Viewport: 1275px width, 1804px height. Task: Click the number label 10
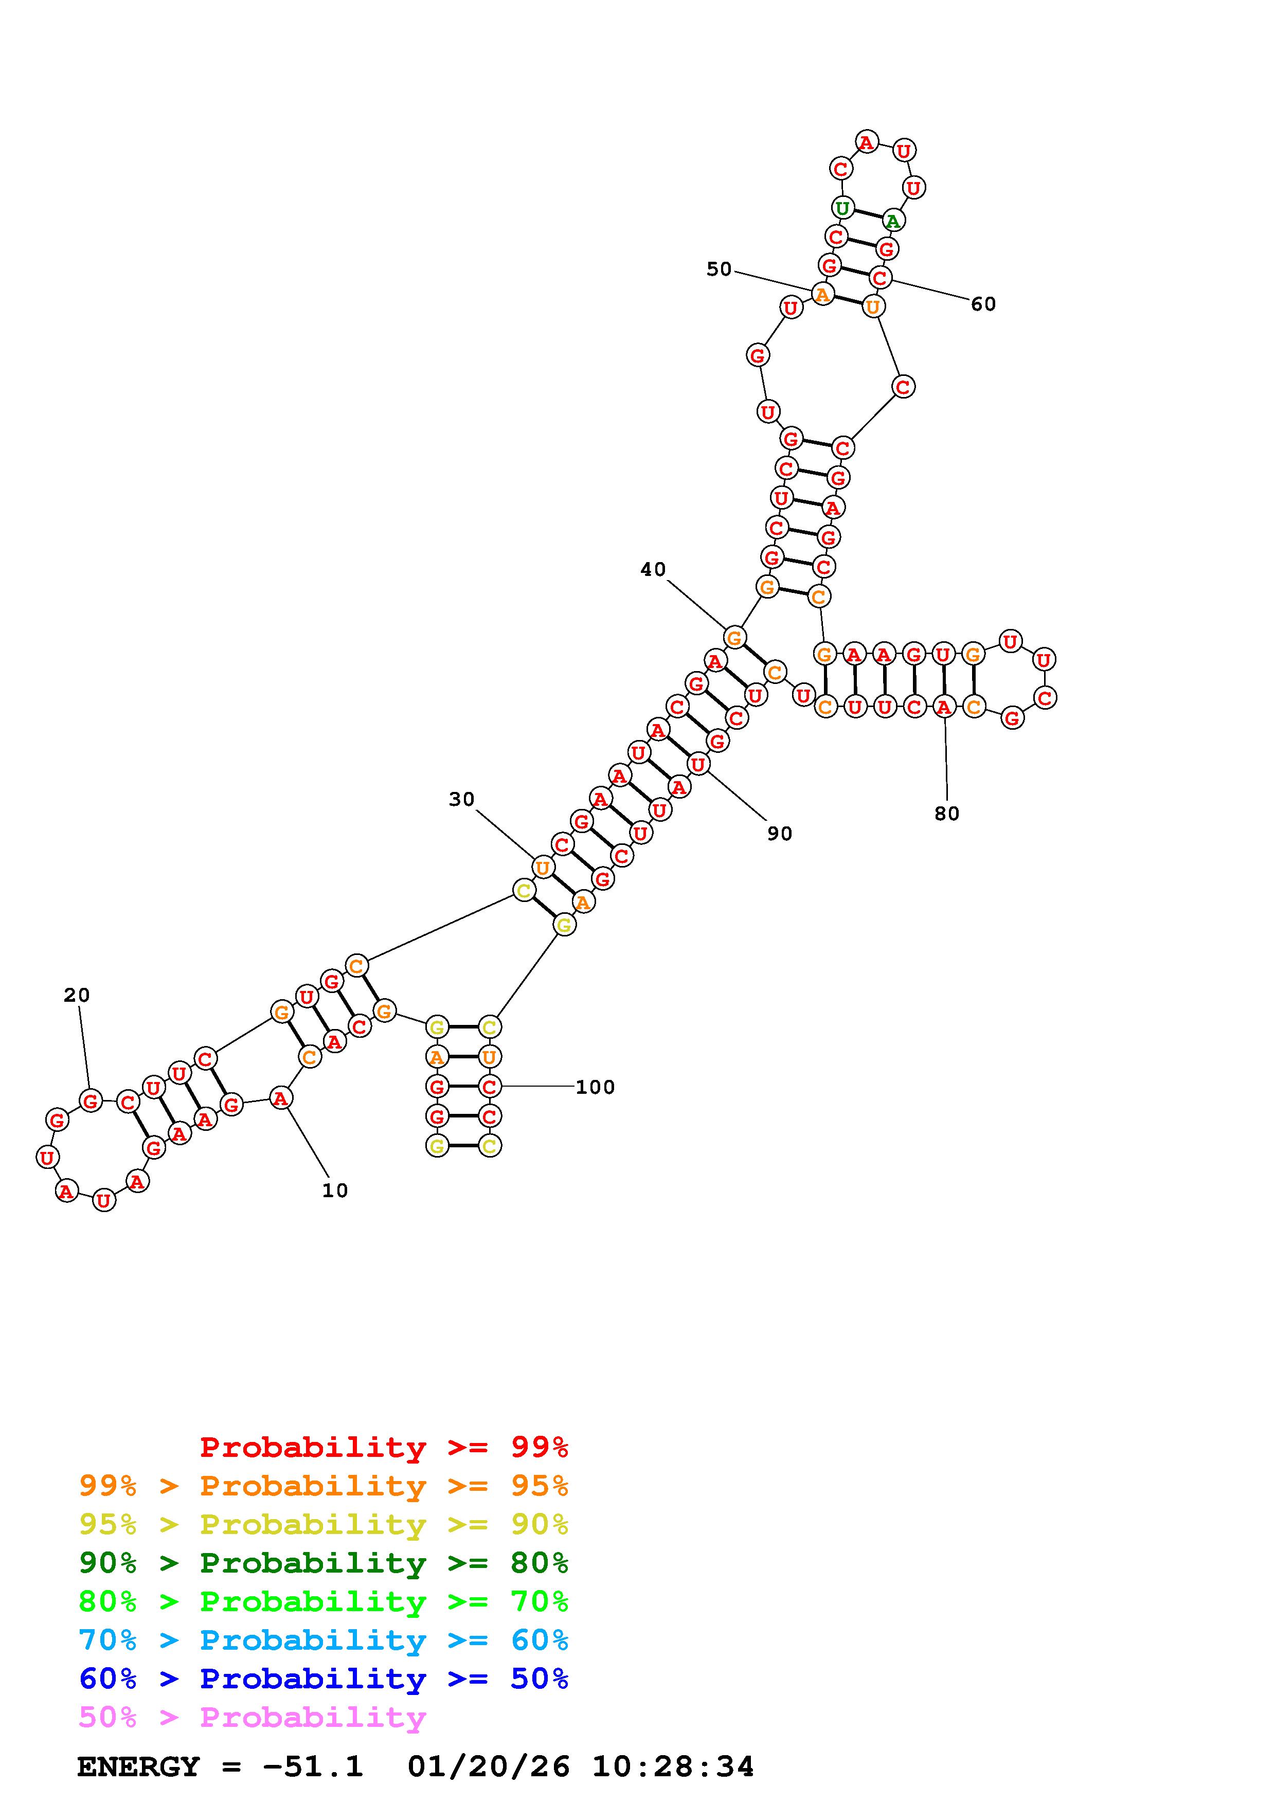335,1190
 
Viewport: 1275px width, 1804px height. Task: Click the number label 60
983,303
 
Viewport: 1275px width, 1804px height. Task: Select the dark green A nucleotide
892,221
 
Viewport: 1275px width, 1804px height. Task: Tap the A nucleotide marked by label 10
280,1097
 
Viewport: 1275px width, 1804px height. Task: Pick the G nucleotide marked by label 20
91,1101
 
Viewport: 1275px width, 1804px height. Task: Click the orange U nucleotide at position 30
542,868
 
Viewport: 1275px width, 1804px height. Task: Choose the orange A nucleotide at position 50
822,294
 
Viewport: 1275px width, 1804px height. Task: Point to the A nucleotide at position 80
943,707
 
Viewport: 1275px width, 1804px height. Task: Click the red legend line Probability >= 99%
384,1447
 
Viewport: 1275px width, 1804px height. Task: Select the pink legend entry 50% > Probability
252,1718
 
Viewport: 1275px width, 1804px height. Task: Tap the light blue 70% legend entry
323,1640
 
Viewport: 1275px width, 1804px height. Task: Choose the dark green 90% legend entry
323,1563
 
